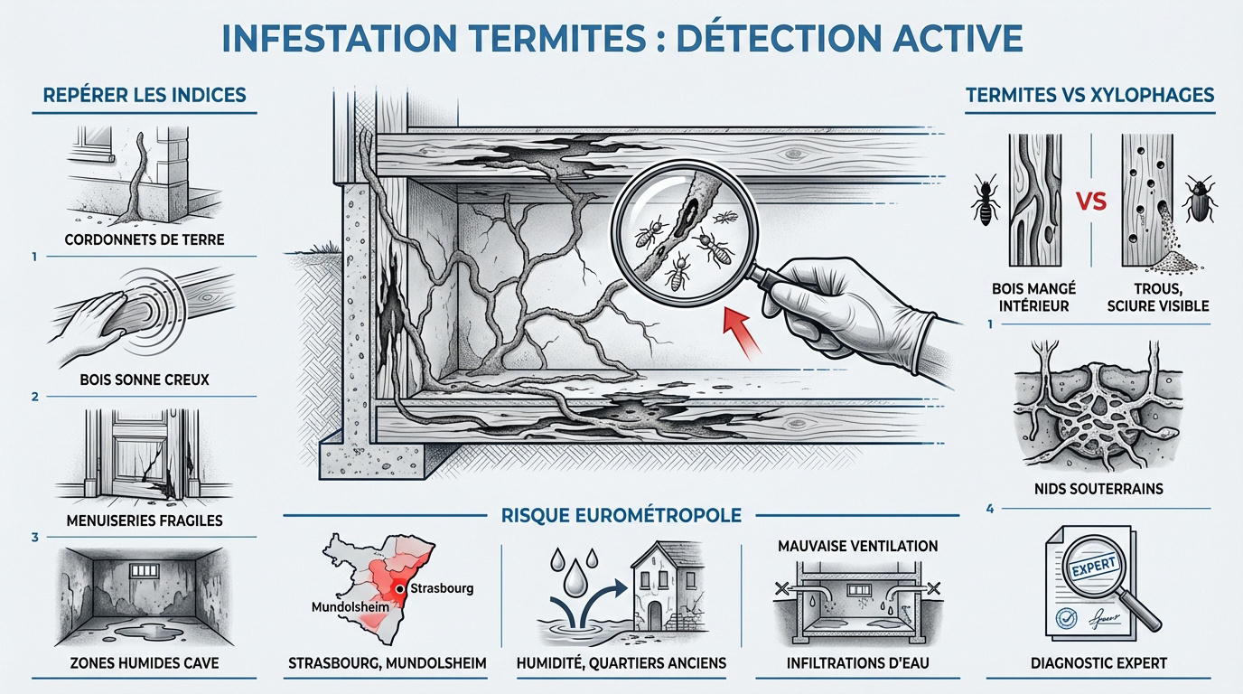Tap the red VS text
point(1091,202)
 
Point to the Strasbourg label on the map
point(441,588)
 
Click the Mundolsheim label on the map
point(350,607)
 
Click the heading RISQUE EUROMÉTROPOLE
point(621,515)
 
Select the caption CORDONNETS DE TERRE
point(145,240)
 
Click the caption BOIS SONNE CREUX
point(145,380)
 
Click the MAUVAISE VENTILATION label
point(857,546)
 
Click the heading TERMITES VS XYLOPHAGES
point(1089,95)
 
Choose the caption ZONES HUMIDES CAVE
point(145,663)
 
